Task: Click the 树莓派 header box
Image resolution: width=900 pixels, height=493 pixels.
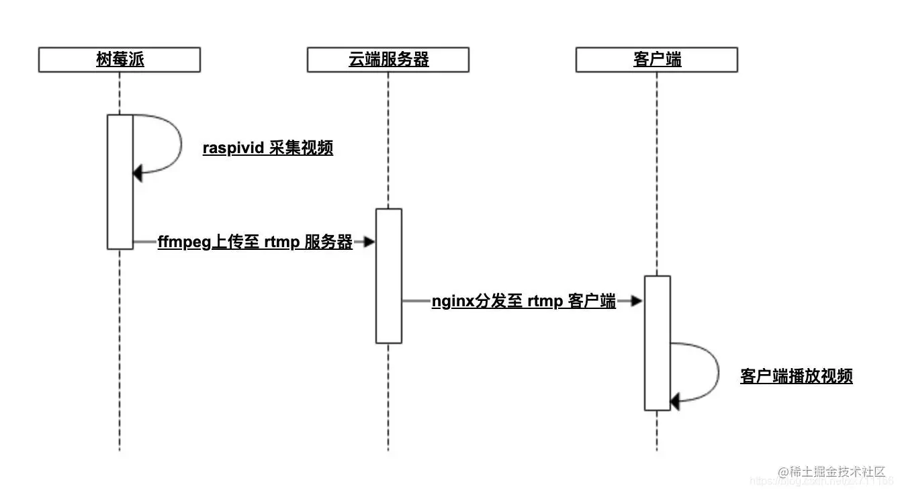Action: [x=120, y=60]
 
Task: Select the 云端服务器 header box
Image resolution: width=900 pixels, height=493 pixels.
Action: [x=388, y=60]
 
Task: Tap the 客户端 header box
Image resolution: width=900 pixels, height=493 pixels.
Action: [x=657, y=60]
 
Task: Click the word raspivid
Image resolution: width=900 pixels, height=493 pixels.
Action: [x=233, y=148]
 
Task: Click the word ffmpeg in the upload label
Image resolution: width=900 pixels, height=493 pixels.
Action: [x=184, y=242]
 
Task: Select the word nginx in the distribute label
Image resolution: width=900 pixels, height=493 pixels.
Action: [x=453, y=302]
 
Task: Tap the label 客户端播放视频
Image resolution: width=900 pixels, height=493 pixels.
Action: [x=796, y=376]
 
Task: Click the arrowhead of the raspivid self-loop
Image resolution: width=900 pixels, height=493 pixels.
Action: [x=138, y=173]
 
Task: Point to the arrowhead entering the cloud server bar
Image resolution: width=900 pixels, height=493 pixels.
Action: [x=369, y=242]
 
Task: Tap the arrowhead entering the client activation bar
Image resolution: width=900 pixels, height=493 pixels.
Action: [x=637, y=302]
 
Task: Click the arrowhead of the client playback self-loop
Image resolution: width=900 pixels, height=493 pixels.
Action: [x=675, y=402]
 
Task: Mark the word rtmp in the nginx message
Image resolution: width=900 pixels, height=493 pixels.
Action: [x=545, y=302]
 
